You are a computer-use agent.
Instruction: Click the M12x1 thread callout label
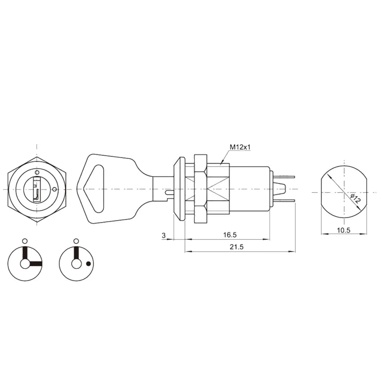(x=240, y=147)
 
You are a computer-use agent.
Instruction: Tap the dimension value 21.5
(x=237, y=247)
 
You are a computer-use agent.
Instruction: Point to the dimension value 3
(x=164, y=235)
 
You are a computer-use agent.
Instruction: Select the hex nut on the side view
(x=201, y=189)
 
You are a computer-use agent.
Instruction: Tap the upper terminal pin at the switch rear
(x=285, y=177)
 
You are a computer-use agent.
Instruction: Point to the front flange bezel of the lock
(x=178, y=189)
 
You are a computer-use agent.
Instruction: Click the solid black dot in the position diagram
(x=89, y=264)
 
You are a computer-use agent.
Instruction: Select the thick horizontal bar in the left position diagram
(x=35, y=264)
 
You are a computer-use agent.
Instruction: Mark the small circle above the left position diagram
(x=25, y=241)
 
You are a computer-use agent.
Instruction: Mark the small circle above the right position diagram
(x=76, y=241)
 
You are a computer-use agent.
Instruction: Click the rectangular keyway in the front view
(x=37, y=189)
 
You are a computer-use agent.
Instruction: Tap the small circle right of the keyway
(x=55, y=189)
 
